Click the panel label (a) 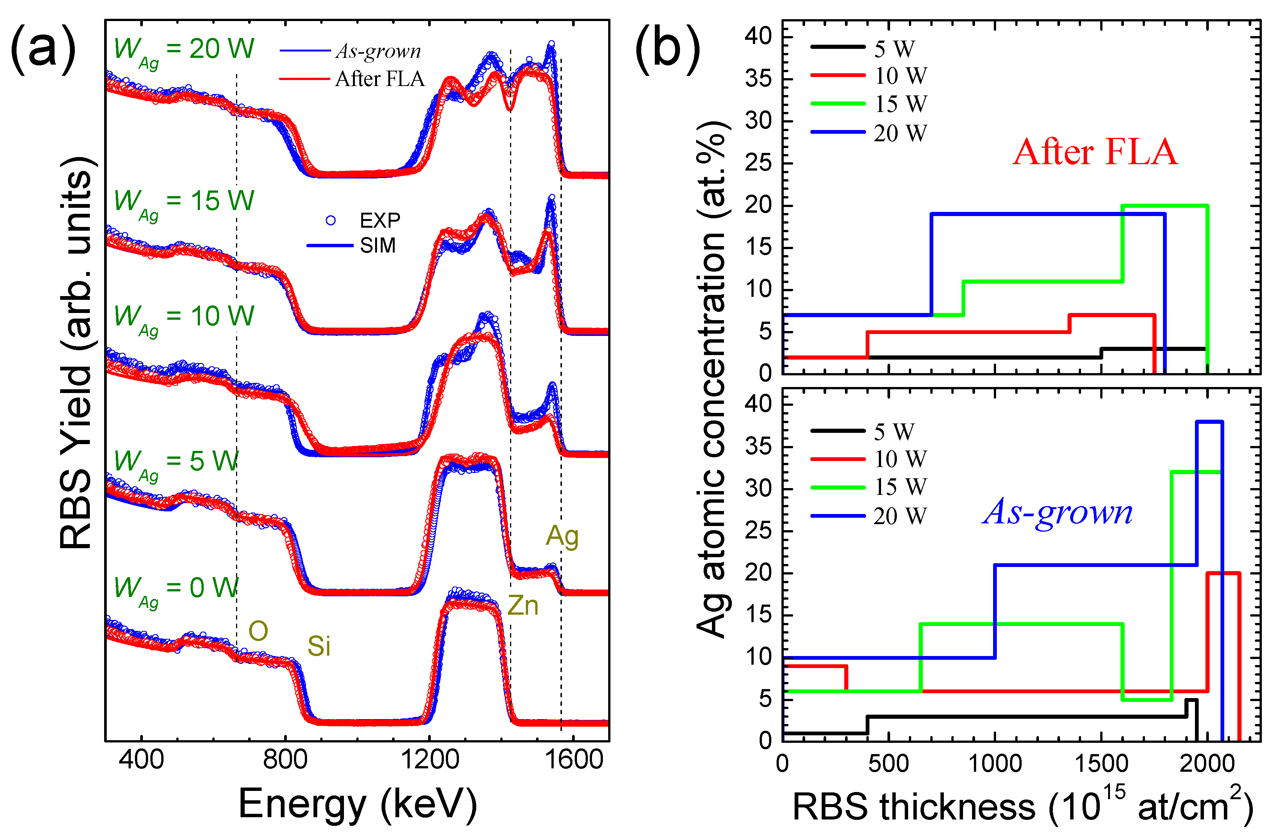coord(43,49)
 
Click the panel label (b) coord(668,49)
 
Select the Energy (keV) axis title coord(357,805)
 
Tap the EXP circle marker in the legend coord(331,220)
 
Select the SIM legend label coord(377,246)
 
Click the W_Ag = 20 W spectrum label coord(184,51)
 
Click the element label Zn coord(522,606)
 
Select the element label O coord(258,631)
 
